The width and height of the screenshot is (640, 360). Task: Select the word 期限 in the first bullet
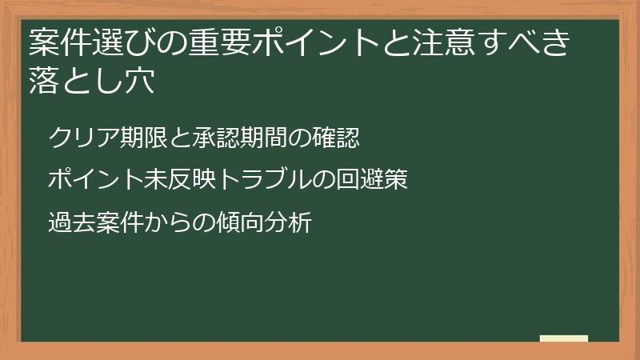tap(142, 138)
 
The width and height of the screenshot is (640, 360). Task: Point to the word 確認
tap(336, 138)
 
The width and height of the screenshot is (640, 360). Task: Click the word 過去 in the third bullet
tap(72, 222)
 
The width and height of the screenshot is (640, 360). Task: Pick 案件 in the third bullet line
tap(119, 222)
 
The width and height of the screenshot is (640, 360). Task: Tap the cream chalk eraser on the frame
tap(564, 338)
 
